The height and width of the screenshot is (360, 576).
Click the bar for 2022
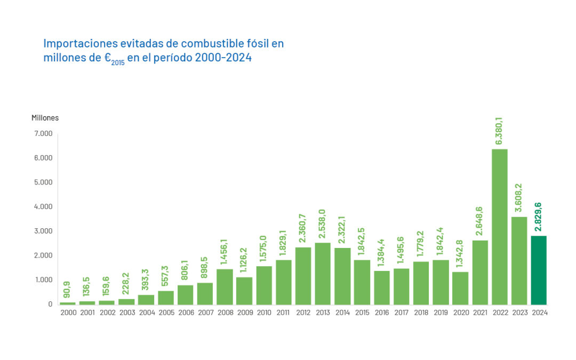500,227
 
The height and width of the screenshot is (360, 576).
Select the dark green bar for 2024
539,270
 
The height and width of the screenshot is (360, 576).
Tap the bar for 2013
323,274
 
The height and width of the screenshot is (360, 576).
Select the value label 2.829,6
539,217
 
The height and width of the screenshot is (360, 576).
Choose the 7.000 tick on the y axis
43,133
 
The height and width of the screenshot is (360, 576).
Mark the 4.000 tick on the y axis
43,206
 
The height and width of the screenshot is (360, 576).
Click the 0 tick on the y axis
50,304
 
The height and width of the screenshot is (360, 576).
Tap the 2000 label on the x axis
68,313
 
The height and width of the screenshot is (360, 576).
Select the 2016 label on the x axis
382,313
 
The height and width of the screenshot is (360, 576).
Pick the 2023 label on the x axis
519,313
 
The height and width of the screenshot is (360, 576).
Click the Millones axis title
45,117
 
